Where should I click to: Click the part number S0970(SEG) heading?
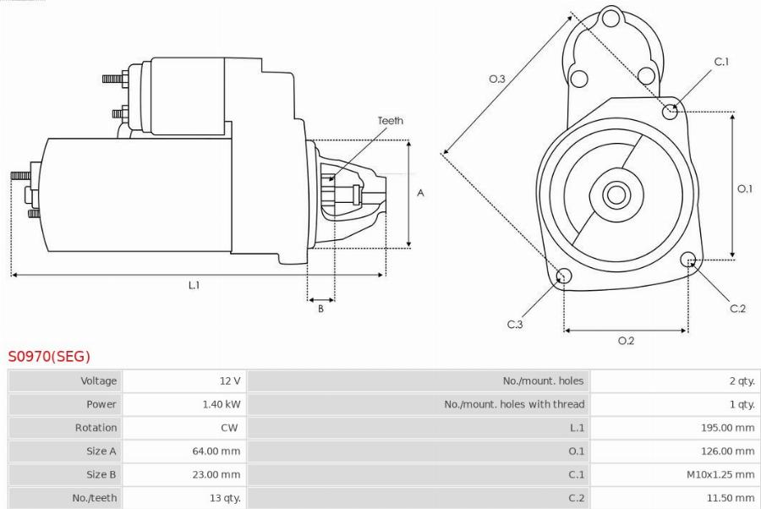49,356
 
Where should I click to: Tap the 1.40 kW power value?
221,404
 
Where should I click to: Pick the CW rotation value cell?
230,428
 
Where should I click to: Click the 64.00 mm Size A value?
216,452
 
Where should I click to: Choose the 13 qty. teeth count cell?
223,498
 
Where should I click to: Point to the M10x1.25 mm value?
720,474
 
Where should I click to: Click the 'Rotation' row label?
96,428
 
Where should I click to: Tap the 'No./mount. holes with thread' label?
514,404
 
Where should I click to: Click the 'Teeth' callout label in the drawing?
390,121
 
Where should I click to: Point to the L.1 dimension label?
194,285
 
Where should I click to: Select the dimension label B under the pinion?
320,309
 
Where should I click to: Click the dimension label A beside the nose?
420,193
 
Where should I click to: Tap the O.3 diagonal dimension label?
497,79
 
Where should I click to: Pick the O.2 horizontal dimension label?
626,341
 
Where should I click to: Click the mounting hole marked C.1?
671,109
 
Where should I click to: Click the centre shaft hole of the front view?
616,194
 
